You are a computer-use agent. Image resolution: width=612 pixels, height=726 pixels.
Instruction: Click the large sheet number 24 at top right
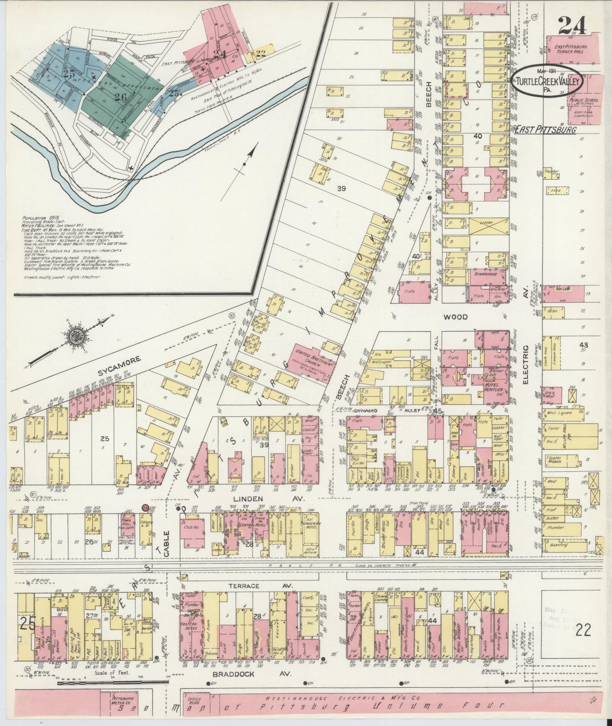[572, 26]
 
